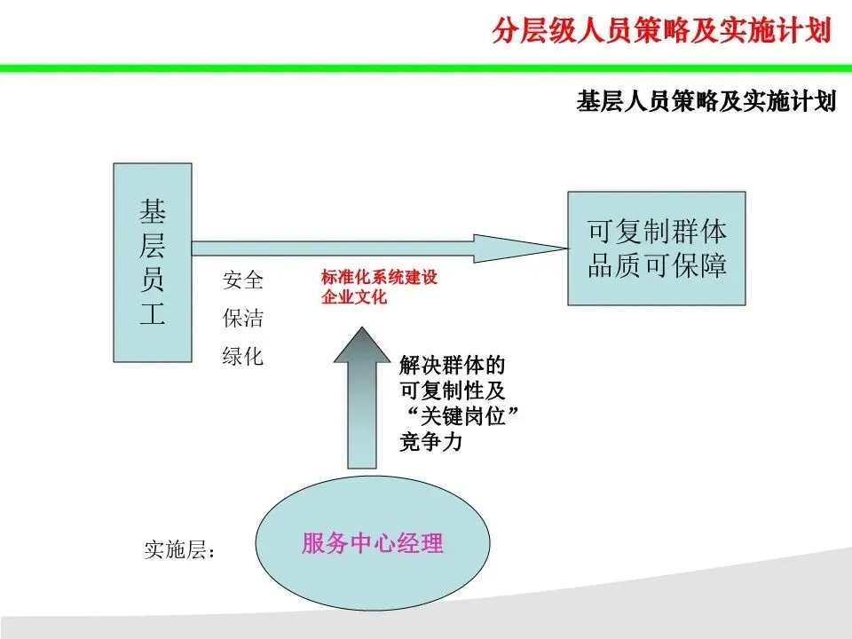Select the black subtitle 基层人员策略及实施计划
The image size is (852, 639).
[x=706, y=101]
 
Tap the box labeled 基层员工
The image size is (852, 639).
[x=153, y=262]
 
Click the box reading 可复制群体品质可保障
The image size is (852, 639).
[x=656, y=248]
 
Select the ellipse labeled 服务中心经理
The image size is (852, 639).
[x=372, y=543]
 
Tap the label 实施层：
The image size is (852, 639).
[x=180, y=550]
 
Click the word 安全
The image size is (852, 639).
[x=242, y=281]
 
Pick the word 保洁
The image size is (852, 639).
[x=242, y=319]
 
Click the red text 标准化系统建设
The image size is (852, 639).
[x=379, y=278]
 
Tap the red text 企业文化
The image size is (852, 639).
[x=354, y=297]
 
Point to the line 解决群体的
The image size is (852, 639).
[x=453, y=365]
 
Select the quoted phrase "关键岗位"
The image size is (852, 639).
[x=459, y=416]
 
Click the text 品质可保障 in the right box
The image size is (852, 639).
[x=657, y=265]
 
